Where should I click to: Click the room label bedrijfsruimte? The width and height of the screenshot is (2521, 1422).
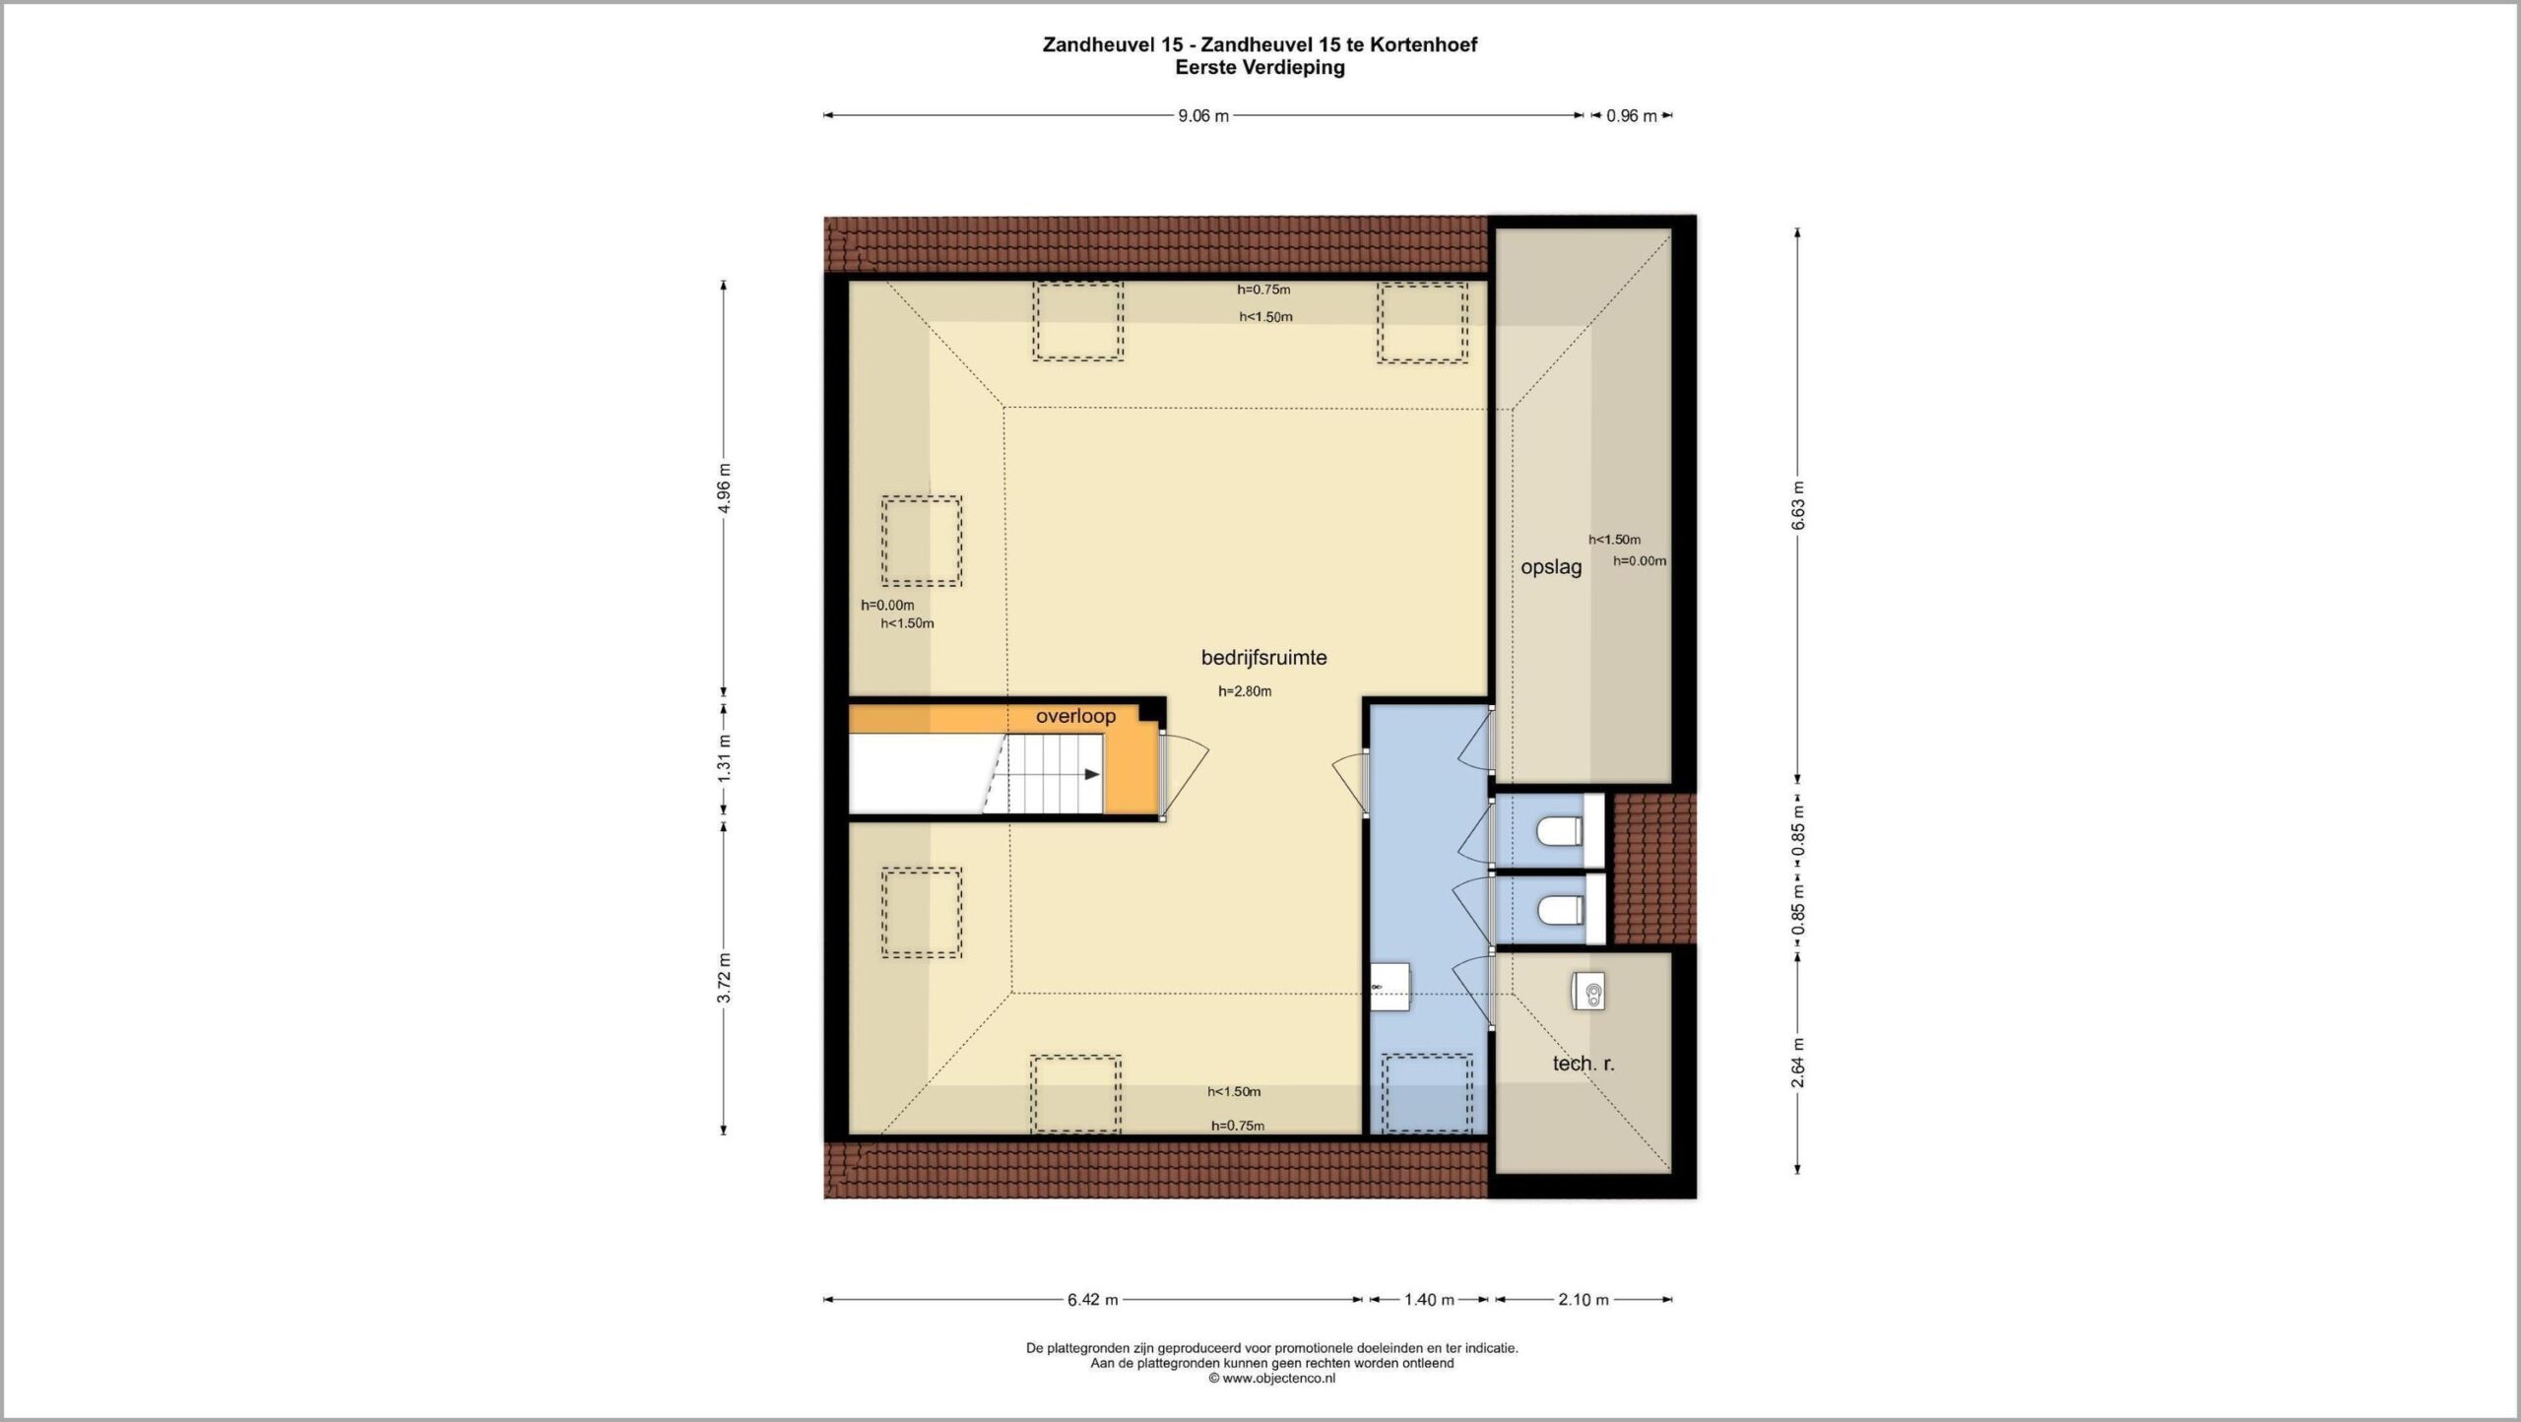click(1263, 657)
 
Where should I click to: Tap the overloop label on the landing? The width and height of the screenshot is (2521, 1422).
click(1075, 716)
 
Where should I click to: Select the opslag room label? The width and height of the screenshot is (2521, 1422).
click(1551, 567)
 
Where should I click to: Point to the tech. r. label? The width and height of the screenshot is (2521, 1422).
click(1584, 1064)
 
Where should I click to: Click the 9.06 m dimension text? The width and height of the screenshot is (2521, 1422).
click(1203, 116)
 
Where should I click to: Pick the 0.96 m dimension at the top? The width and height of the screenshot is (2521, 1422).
click(1632, 116)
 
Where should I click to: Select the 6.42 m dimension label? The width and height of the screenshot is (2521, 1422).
click(1093, 1300)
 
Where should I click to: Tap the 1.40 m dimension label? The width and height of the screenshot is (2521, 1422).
click(1429, 1300)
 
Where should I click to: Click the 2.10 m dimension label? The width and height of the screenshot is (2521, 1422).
click(1584, 1300)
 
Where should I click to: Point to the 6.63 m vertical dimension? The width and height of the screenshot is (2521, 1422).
click(1797, 506)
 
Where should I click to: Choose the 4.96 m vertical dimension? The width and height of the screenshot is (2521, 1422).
click(724, 488)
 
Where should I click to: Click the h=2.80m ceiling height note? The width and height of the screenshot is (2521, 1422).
click(1245, 691)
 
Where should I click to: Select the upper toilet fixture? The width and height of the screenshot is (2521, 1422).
click(1560, 832)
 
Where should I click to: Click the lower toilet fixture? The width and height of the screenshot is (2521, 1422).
click(1560, 911)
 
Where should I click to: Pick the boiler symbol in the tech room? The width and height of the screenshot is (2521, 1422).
click(1587, 991)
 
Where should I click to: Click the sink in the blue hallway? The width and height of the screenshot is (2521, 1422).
click(1390, 987)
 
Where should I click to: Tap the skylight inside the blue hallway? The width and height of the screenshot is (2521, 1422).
click(1428, 1094)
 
